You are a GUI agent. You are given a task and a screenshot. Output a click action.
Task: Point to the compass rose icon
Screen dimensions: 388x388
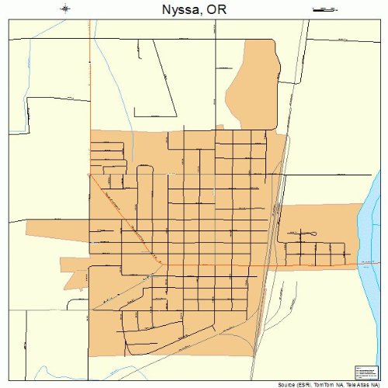click(x=66, y=9)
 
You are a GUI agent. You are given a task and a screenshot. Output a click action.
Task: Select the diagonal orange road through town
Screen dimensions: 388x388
click(x=124, y=217)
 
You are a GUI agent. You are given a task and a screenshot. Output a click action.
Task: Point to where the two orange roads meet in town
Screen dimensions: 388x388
click(x=161, y=265)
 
